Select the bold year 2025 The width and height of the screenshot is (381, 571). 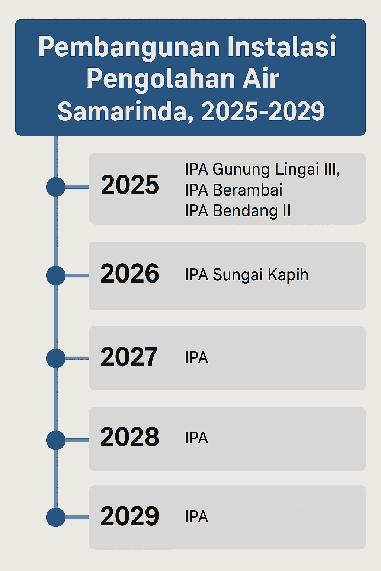130,185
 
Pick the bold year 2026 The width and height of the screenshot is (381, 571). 130,273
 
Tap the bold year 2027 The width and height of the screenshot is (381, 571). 129,357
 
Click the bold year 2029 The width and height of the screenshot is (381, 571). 129,516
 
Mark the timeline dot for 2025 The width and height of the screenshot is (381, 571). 56,187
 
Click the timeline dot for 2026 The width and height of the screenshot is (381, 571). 56,275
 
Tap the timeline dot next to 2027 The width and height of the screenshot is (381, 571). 56,358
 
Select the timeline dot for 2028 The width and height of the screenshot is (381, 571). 56,440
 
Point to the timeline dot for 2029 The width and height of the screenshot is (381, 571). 56,517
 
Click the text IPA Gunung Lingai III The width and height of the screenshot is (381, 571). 262,170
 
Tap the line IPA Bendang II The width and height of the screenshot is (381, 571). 238,211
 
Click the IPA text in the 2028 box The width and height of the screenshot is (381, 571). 196,438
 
